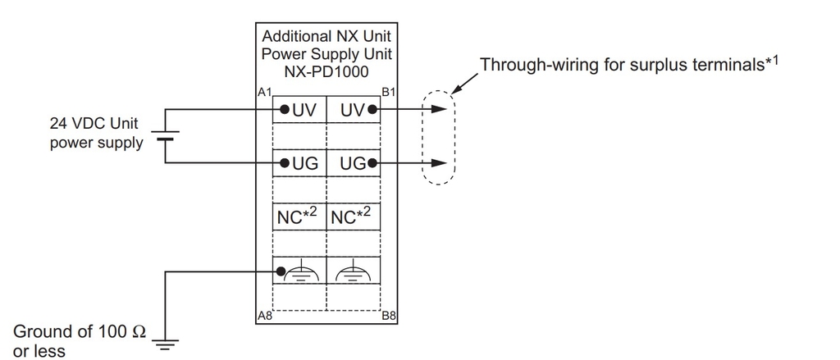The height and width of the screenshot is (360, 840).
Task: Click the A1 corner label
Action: (x=264, y=93)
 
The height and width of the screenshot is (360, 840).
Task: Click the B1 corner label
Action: (x=389, y=93)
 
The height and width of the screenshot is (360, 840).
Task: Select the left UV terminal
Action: (x=299, y=109)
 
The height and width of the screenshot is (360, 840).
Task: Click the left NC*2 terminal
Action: (x=299, y=217)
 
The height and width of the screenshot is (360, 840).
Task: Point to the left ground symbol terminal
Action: (x=299, y=271)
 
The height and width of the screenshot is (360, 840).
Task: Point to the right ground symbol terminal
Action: (x=354, y=271)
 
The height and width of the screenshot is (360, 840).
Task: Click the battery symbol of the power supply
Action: (x=165, y=136)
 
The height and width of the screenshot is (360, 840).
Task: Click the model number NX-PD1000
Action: (x=326, y=71)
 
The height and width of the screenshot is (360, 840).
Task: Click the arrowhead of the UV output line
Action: (x=443, y=109)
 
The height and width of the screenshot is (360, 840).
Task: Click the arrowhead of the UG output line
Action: (x=443, y=163)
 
